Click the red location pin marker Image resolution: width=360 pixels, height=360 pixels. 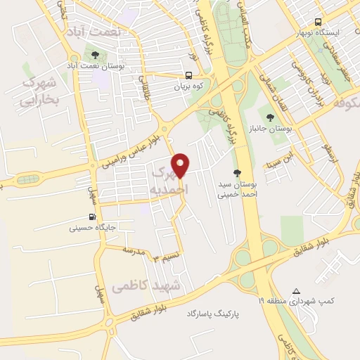point(181,165)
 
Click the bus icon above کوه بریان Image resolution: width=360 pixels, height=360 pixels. point(188,76)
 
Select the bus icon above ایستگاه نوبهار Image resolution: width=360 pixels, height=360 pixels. point(319,21)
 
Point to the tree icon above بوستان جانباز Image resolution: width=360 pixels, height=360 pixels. point(270,116)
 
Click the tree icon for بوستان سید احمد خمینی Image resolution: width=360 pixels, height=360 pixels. point(237,172)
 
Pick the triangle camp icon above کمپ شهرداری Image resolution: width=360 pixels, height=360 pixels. point(296,291)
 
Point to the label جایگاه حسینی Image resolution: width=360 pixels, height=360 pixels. point(93,228)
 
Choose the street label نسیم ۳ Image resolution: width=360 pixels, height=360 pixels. point(167,257)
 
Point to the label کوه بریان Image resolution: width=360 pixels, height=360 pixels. point(190,87)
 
